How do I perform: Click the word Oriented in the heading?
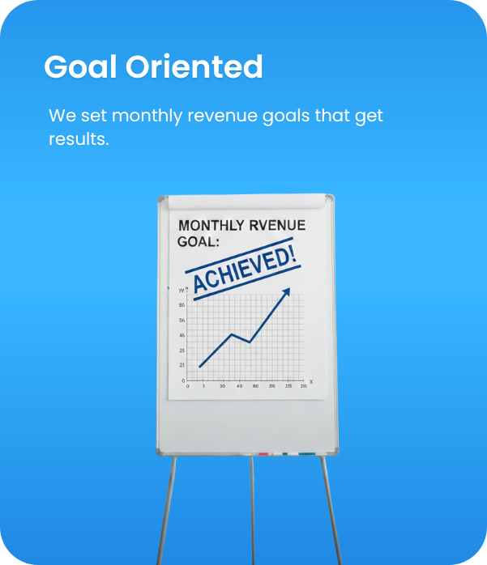pyautogui.click(x=194, y=67)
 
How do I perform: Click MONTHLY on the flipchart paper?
pyautogui.click(x=212, y=225)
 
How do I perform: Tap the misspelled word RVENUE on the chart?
pyautogui.click(x=277, y=225)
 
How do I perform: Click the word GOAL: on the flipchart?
pyautogui.click(x=199, y=241)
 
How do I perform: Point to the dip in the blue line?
pyautogui.click(x=250, y=342)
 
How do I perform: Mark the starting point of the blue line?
pyautogui.click(x=199, y=367)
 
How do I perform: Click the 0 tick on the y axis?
pyautogui.click(x=183, y=380)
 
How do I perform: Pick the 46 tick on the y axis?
pyautogui.click(x=182, y=335)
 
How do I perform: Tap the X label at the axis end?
pyautogui.click(x=311, y=381)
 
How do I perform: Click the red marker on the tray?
pyautogui.click(x=263, y=454)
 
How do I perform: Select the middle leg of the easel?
pyautogui.click(x=253, y=510)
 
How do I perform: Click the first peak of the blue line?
pyautogui.click(x=233, y=333)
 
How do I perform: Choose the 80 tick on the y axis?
pyautogui.click(x=182, y=305)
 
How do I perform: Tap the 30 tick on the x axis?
pyautogui.click(x=222, y=387)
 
